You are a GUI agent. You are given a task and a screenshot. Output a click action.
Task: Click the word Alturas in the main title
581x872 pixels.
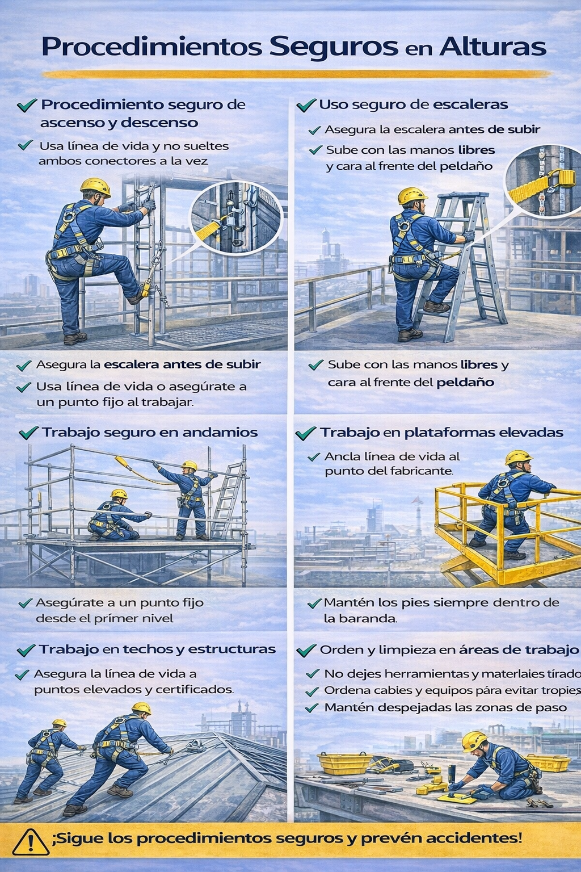point(492,48)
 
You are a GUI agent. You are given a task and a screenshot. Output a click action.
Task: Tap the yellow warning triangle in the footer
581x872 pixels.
point(31,842)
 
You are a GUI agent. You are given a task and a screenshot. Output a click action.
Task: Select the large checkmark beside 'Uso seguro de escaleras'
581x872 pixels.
point(306,105)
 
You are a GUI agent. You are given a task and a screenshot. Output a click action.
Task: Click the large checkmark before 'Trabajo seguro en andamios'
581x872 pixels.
point(28,433)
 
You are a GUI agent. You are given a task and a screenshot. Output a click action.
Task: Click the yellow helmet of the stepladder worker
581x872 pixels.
point(412,195)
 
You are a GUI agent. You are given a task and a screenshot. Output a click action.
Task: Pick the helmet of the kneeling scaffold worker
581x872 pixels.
point(119,493)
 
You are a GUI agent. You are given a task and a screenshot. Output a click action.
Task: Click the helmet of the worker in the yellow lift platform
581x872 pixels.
point(519,458)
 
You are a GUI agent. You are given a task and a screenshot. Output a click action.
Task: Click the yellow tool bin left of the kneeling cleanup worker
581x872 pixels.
point(345,764)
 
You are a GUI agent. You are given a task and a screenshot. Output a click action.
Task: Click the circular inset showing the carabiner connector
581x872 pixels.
point(236,218)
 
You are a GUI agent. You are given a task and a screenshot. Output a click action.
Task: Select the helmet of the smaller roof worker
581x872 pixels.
point(60,723)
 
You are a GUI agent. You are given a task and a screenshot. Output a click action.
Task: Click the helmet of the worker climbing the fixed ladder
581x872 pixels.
point(95,187)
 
